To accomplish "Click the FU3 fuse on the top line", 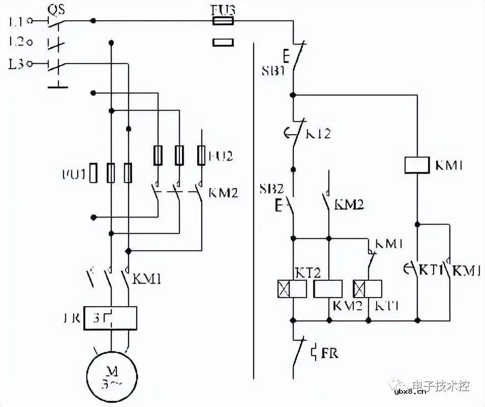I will click(x=222, y=21).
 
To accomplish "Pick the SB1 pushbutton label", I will click(x=273, y=71).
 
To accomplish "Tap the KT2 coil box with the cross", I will click(x=291, y=288).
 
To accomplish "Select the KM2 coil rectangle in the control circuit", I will click(x=329, y=288).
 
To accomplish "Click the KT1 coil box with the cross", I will click(x=368, y=288).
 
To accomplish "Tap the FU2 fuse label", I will click(x=220, y=156).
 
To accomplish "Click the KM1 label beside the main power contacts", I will click(x=147, y=278).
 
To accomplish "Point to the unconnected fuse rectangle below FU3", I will click(x=222, y=43).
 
